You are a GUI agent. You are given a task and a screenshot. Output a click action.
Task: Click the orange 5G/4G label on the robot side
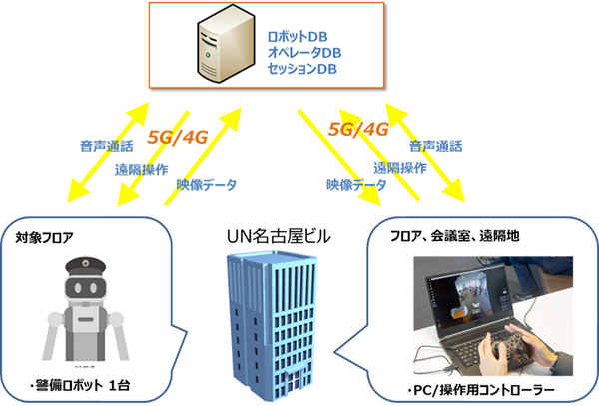pos(178,137)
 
